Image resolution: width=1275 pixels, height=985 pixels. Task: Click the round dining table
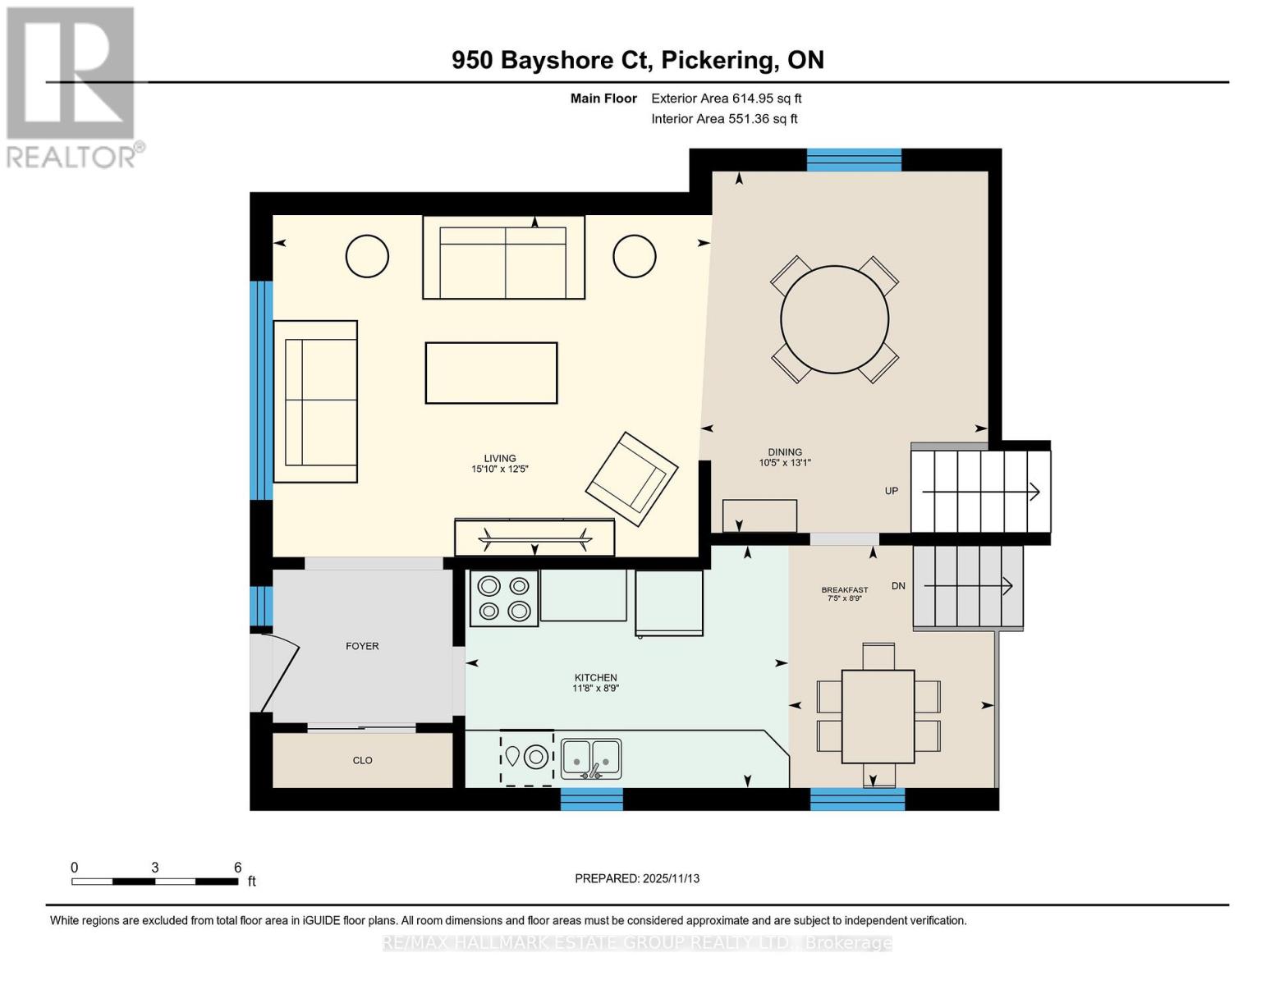[x=834, y=319]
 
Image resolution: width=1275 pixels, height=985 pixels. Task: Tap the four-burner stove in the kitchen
[x=504, y=598]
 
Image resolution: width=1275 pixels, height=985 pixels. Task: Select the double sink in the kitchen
[x=591, y=758]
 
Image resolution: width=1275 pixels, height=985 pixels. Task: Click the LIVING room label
[x=499, y=459]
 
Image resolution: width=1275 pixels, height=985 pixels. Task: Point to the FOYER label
[x=362, y=646]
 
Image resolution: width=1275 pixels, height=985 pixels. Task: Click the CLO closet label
[x=362, y=760]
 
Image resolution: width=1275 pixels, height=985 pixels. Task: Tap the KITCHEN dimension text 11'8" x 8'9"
[x=595, y=689]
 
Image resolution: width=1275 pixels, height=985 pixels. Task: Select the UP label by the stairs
[x=892, y=491]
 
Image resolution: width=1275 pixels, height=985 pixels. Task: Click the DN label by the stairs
[x=898, y=586]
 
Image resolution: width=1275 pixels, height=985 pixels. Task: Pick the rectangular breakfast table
[x=878, y=717]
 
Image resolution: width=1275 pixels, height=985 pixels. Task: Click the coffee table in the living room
[x=491, y=373]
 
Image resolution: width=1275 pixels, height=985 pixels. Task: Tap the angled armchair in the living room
[x=631, y=479]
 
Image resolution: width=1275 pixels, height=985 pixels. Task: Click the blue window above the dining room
[x=854, y=160]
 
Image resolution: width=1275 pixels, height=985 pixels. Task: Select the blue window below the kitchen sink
[x=591, y=799]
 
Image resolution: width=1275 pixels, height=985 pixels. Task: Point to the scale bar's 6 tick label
[x=238, y=868]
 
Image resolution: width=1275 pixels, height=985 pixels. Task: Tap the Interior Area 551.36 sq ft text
[x=724, y=119]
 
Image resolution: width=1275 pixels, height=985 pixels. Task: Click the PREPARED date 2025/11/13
[x=637, y=878]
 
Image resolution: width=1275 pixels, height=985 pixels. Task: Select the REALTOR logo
[x=72, y=86]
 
